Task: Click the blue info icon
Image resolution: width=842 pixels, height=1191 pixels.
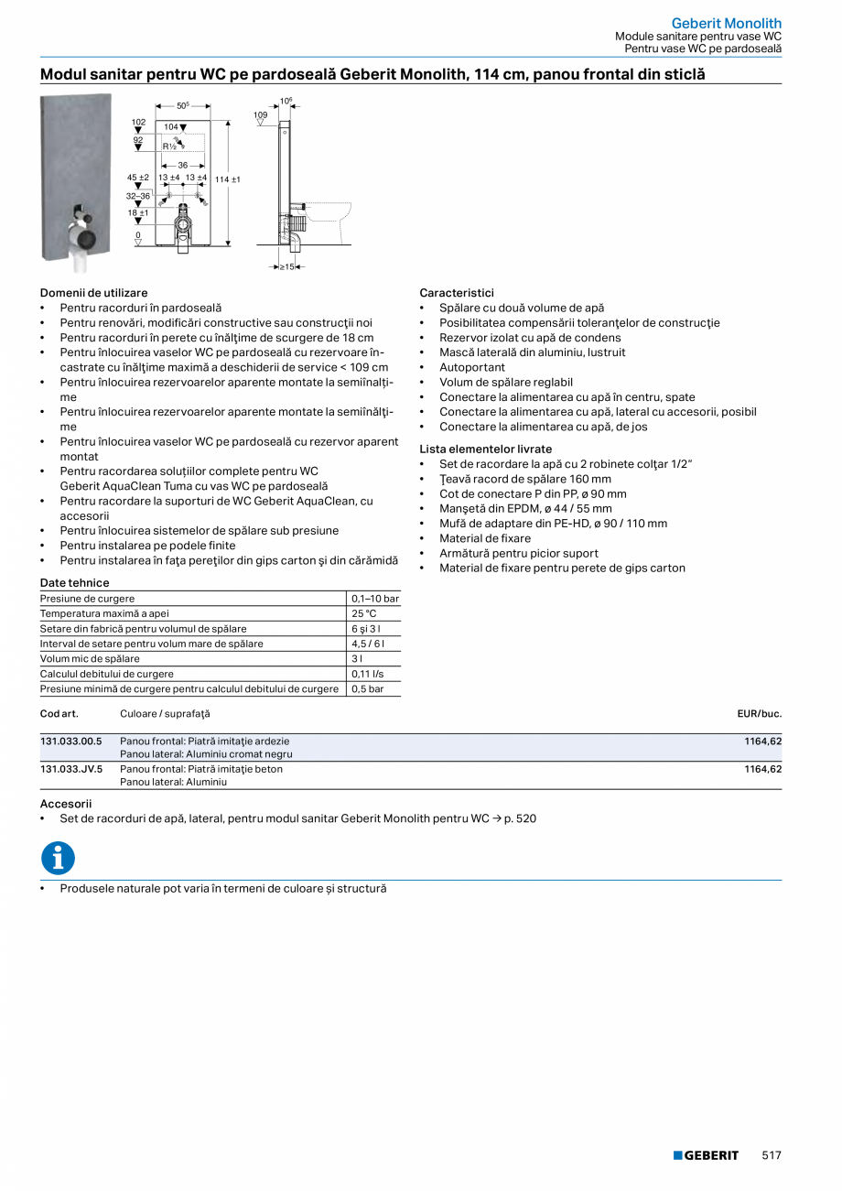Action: click(x=58, y=859)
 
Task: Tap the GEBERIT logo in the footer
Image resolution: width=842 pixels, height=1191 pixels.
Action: click(x=706, y=1155)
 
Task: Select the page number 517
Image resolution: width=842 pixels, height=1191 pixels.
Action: click(x=772, y=1155)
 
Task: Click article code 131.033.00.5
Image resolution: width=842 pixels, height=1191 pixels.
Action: click(x=71, y=741)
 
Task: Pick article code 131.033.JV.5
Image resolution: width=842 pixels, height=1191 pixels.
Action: click(x=71, y=769)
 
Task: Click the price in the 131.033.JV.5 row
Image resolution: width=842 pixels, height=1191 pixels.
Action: click(x=762, y=769)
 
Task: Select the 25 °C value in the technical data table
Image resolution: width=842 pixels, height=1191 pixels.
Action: click(x=364, y=613)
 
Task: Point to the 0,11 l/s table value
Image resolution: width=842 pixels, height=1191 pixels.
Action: click(x=368, y=674)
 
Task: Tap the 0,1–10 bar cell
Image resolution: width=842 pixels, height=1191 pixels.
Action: click(x=375, y=599)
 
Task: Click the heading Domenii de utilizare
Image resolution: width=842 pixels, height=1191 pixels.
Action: click(x=93, y=293)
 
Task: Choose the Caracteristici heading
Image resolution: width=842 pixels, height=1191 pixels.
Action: click(x=456, y=293)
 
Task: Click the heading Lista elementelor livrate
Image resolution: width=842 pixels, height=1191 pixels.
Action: click(x=485, y=449)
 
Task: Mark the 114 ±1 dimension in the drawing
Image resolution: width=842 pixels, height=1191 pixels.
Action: click(x=227, y=179)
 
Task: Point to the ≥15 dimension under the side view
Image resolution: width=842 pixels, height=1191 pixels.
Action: click(x=287, y=266)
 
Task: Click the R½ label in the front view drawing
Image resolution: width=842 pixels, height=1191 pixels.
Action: click(x=169, y=146)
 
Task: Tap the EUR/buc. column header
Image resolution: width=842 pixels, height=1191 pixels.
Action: click(x=759, y=713)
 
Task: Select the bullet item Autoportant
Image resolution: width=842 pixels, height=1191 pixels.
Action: click(x=471, y=367)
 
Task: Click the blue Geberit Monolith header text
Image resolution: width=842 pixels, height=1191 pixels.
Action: click(x=726, y=23)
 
